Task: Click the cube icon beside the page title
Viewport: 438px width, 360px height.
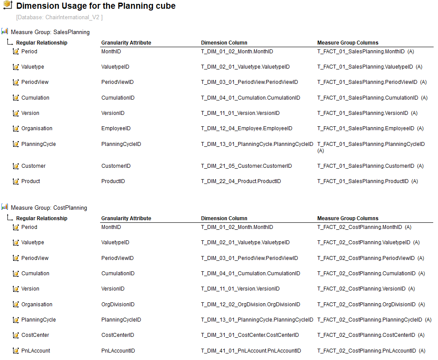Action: pos(7,6)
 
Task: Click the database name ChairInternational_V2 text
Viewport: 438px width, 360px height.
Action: pos(59,17)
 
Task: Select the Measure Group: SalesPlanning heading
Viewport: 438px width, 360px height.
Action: pos(50,32)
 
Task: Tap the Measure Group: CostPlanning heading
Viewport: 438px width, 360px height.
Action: pos(49,208)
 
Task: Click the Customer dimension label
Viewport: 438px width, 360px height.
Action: pos(33,166)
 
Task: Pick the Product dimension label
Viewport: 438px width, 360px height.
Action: pos(31,181)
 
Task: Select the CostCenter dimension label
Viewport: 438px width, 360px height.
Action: pos(35,335)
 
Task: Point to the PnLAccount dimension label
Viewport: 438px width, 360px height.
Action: pos(35,350)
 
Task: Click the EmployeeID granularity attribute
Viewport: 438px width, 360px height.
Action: pos(116,128)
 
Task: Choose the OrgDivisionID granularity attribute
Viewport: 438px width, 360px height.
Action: pos(118,305)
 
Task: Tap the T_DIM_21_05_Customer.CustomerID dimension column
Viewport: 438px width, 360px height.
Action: pos(247,166)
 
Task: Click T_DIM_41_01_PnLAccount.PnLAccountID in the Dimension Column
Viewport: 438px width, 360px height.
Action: pos(251,350)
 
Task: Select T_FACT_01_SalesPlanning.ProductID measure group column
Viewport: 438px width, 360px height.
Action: pos(363,181)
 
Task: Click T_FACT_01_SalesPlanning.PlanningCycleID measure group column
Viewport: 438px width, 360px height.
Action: pos(371,144)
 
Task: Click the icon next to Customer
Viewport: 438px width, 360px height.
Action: pos(16,166)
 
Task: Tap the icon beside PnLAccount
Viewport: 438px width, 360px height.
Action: pos(16,351)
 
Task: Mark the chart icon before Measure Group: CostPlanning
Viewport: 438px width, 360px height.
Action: pos(5,207)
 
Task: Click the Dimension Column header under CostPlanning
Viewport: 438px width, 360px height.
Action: pos(224,218)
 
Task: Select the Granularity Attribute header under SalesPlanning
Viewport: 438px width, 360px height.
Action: pos(126,43)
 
